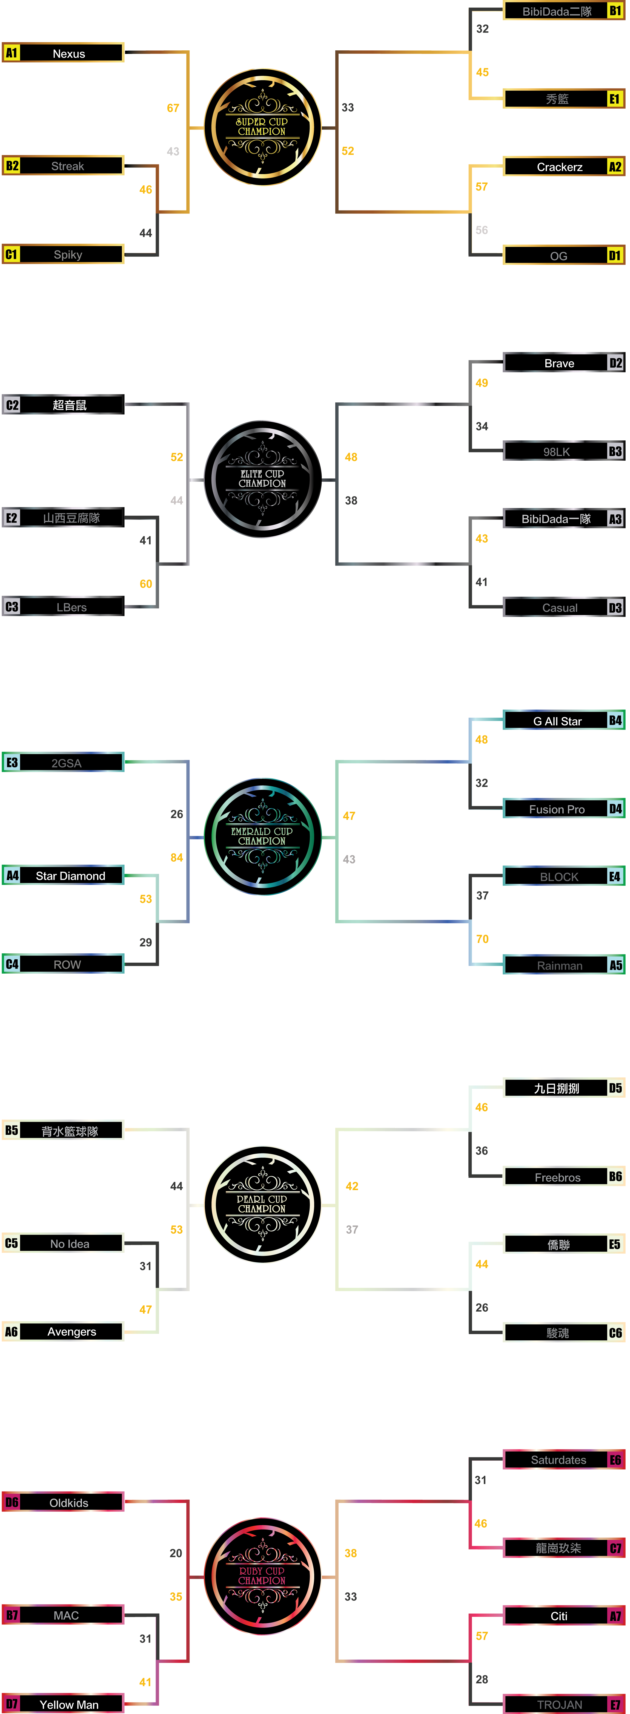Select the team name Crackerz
(x=559, y=167)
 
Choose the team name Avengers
(x=71, y=1331)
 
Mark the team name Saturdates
(x=558, y=1460)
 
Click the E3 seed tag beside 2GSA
(x=11, y=763)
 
